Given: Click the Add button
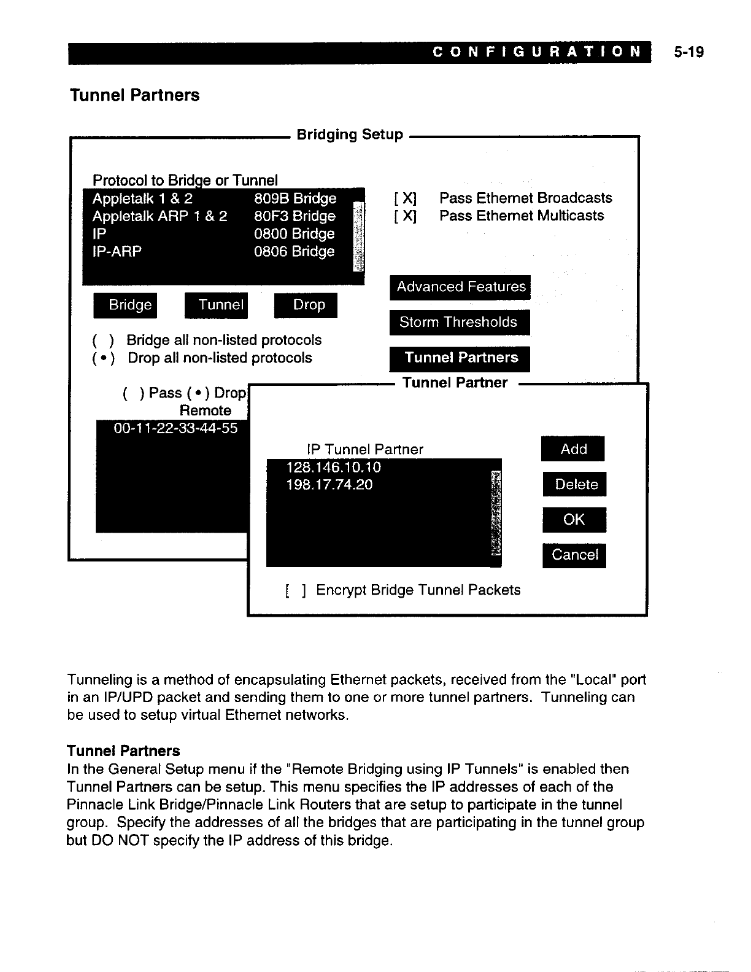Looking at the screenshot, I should [x=573, y=449].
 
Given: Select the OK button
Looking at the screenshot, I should [x=574, y=520].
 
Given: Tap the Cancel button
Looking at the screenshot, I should [x=574, y=555].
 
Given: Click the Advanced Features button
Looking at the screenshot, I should [x=460, y=287].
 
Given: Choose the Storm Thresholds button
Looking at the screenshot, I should [x=459, y=322].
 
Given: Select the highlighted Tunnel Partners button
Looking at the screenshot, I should [x=460, y=358].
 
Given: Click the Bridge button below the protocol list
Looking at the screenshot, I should [x=126, y=305].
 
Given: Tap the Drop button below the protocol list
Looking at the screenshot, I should [x=306, y=305].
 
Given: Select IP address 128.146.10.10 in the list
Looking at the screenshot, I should [x=334, y=468].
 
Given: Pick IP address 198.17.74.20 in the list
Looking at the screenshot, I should [x=329, y=485].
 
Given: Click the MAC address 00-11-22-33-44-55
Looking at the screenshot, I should [x=175, y=428].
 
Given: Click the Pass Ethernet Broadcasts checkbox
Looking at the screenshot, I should [x=406, y=198].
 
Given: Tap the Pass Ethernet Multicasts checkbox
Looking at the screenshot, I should [x=406, y=216].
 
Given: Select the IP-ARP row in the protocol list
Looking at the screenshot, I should [x=215, y=252].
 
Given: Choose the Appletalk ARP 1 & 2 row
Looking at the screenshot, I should [x=215, y=216].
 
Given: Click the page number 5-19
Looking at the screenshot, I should [x=687, y=52].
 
